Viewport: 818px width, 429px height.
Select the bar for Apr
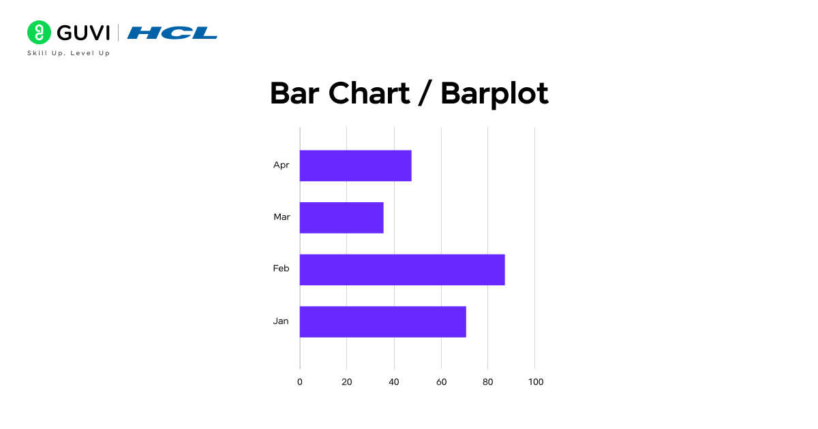coord(355,165)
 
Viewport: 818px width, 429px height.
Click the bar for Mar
coord(342,218)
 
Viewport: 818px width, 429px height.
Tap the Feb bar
coord(402,270)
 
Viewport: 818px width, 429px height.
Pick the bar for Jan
coord(382,321)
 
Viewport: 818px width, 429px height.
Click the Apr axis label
coord(281,165)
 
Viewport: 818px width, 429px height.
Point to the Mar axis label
coord(282,217)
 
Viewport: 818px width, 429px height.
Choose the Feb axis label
coord(281,269)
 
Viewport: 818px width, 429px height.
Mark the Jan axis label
coord(281,321)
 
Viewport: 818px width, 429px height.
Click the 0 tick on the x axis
coord(300,382)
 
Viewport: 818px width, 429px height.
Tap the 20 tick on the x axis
coord(347,382)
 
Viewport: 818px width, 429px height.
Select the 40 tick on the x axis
coord(394,382)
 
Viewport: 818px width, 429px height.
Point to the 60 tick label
coord(441,382)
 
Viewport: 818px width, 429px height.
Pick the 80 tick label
coord(488,382)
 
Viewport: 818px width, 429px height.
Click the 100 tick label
coord(536,382)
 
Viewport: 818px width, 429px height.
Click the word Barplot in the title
coord(494,93)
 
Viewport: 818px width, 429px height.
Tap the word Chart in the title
coord(369,93)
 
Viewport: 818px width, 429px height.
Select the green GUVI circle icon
coord(39,32)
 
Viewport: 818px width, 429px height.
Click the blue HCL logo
coord(172,33)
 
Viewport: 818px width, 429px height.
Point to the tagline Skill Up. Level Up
coord(68,53)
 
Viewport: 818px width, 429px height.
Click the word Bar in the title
coord(296,93)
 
